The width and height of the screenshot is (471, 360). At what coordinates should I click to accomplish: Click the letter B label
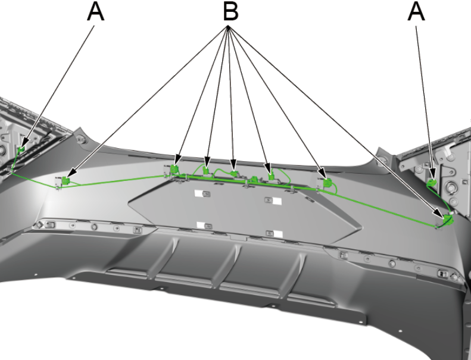click(x=228, y=12)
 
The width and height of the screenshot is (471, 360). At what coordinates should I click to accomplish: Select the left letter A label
click(x=96, y=11)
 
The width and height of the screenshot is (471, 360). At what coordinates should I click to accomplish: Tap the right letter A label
click(x=416, y=11)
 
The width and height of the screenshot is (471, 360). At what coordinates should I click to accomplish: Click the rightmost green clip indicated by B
click(x=448, y=219)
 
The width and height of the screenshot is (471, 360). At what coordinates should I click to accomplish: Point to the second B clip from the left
click(x=175, y=170)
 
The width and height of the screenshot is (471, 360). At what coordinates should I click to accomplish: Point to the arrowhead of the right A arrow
click(x=433, y=173)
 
